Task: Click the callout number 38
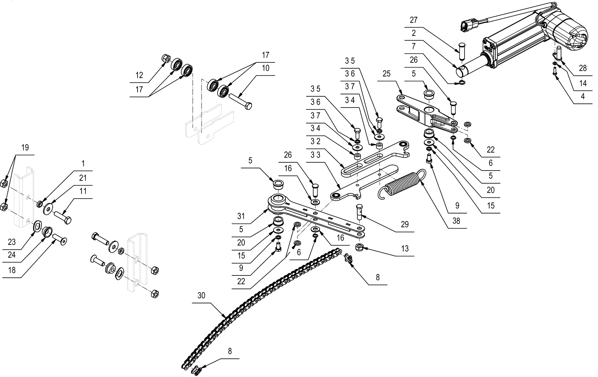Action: tap(456, 221)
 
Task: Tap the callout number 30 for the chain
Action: tap(201, 295)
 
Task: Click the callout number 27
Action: tap(413, 20)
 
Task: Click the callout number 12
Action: tap(139, 75)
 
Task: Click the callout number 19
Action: tap(25, 147)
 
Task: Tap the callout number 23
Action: tap(12, 242)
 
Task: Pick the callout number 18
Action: tap(12, 270)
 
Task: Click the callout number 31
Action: tap(241, 216)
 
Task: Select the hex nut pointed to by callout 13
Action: tap(359, 247)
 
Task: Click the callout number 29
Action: tap(405, 224)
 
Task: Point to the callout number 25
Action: tap(386, 74)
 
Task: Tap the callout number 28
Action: tap(583, 68)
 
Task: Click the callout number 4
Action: tap(583, 96)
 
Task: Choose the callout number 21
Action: tap(83, 178)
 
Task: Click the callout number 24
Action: tap(12, 255)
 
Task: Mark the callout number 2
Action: tap(413, 33)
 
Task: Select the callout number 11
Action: tap(83, 191)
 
